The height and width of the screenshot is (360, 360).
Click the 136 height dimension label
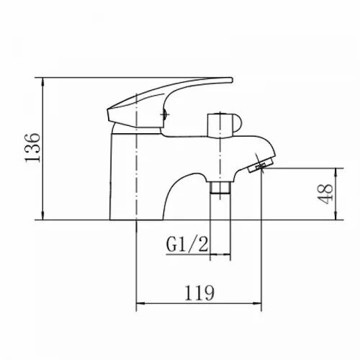pyautogui.click(x=32, y=148)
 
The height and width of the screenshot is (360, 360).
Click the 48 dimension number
pyautogui.click(x=325, y=194)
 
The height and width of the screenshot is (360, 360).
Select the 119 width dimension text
pyautogui.click(x=199, y=292)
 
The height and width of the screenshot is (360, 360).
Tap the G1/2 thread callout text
pyautogui.click(x=187, y=244)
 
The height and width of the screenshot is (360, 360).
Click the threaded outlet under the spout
pyautogui.click(x=220, y=187)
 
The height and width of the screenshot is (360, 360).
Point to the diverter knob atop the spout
pyautogui.click(x=225, y=125)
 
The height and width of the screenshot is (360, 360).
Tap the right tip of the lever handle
pyautogui.click(x=232, y=80)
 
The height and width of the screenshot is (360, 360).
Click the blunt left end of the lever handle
pyautogui.click(x=108, y=114)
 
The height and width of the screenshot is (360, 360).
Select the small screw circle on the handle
pyautogui.click(x=165, y=114)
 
